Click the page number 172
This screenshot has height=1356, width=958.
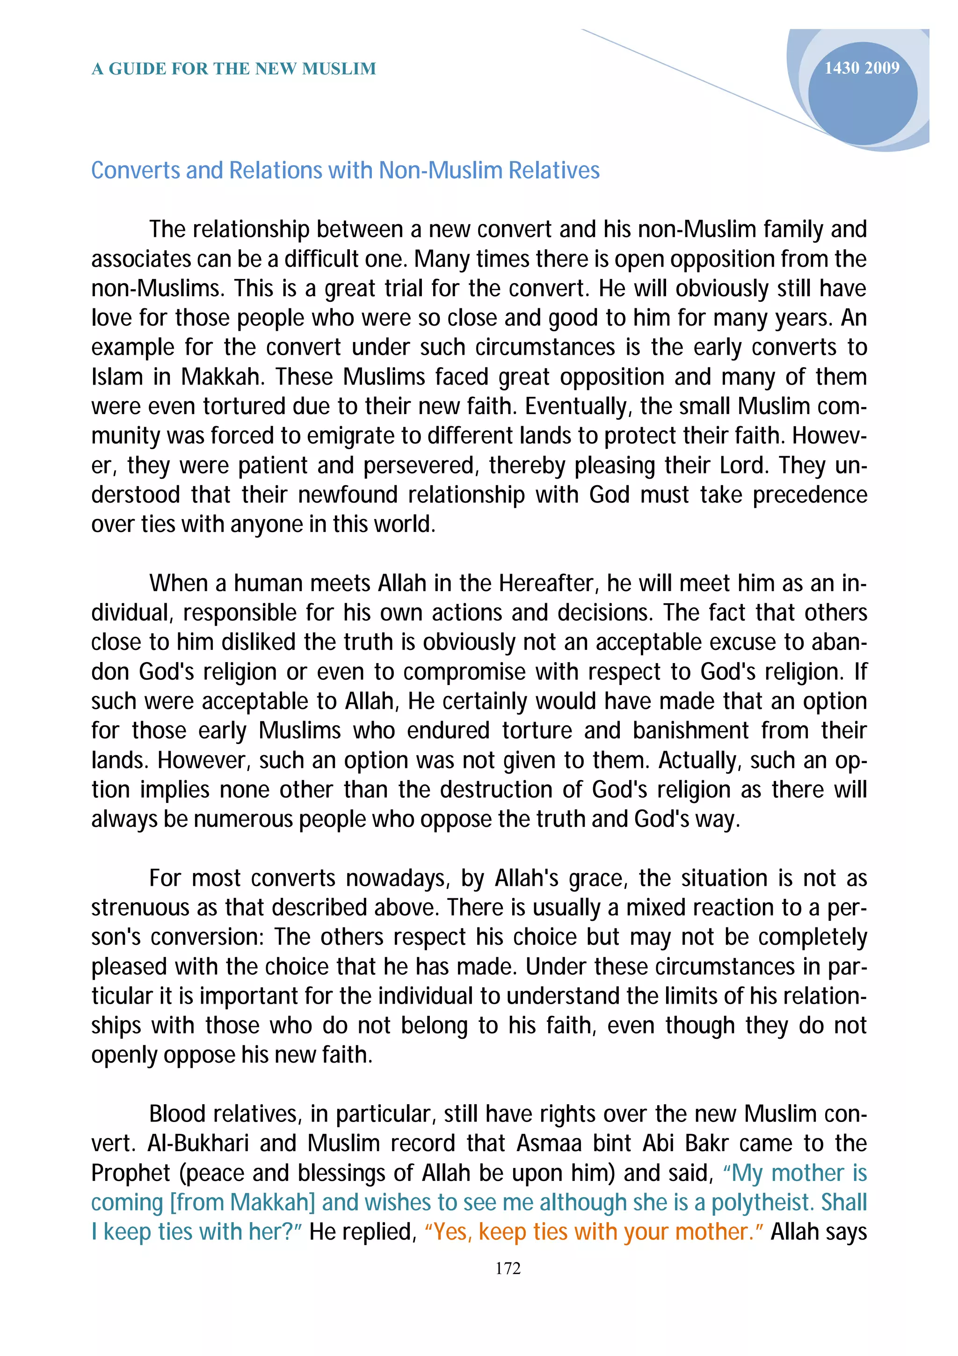click(508, 1268)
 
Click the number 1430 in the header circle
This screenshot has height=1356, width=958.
click(841, 68)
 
